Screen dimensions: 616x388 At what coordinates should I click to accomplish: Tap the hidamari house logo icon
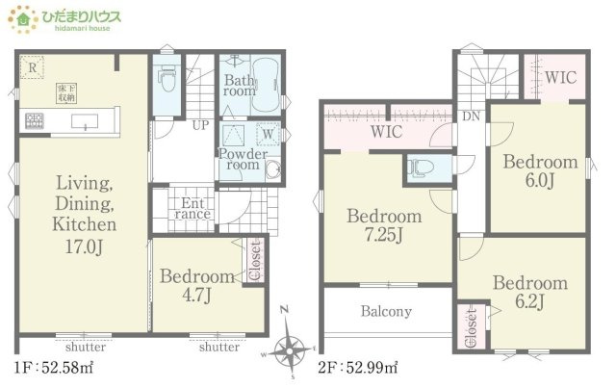pyautogui.click(x=23, y=19)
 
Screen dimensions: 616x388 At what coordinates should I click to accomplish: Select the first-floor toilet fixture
pyautogui.click(x=167, y=79)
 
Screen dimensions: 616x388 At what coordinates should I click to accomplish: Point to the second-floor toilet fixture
pyautogui.click(x=421, y=168)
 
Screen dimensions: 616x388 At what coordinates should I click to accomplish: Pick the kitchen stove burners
pyautogui.click(x=35, y=120)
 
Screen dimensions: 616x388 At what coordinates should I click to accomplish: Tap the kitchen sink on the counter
pyautogui.click(x=85, y=121)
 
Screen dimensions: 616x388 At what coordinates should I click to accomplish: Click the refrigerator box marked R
pyautogui.click(x=32, y=67)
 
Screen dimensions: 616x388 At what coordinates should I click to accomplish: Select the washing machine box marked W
pyautogui.click(x=268, y=134)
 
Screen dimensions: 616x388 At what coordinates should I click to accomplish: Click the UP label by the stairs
pyautogui.click(x=201, y=125)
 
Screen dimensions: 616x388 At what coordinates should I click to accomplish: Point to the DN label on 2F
pyautogui.click(x=471, y=116)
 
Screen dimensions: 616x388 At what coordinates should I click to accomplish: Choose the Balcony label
pyautogui.click(x=386, y=311)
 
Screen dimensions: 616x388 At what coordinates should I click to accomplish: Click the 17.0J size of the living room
pyautogui.click(x=84, y=247)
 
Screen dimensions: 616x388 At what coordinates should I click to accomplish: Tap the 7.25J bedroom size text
pyautogui.click(x=384, y=235)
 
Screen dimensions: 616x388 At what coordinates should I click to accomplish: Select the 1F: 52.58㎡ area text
pyautogui.click(x=54, y=368)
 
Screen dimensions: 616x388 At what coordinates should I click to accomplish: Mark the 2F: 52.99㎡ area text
pyautogui.click(x=357, y=368)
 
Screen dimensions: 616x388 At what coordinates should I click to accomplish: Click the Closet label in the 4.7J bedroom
pyautogui.click(x=255, y=261)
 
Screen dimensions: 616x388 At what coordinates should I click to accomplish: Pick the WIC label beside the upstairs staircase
pyautogui.click(x=560, y=77)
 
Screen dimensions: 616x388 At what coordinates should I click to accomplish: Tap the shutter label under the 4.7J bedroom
pyautogui.click(x=219, y=347)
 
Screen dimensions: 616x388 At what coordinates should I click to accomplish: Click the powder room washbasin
pyautogui.click(x=273, y=169)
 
